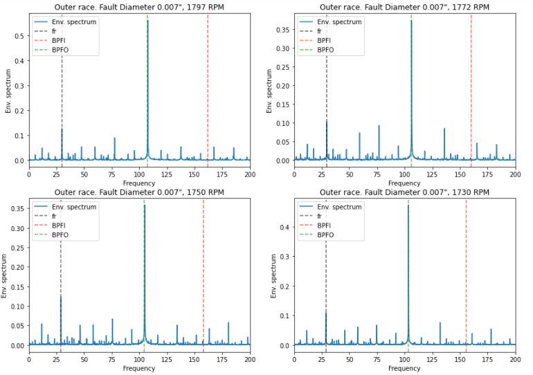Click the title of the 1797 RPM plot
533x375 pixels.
tap(139, 7)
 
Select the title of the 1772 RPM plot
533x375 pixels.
tap(405, 7)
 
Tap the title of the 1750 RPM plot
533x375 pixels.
tap(139, 192)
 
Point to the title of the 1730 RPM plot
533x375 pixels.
tap(405, 192)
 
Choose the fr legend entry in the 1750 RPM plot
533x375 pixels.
tap(55, 216)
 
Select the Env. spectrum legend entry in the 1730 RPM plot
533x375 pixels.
tap(345, 207)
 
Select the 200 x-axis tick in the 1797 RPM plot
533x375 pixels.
tap(249, 174)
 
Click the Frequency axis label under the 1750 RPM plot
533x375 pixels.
tap(139, 369)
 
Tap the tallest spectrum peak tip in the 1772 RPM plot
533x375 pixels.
tap(411, 21)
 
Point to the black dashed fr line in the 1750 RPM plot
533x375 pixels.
tap(62, 291)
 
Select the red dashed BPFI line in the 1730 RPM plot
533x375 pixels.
tap(466, 291)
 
